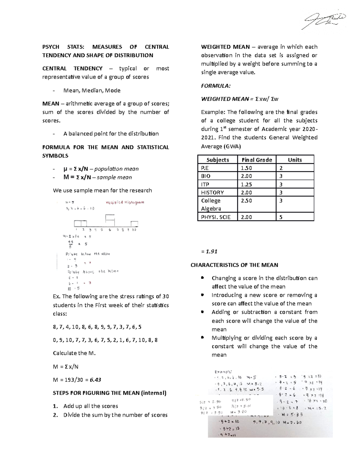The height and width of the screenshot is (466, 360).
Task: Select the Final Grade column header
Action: (x=256, y=160)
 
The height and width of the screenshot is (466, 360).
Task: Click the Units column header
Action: (x=295, y=160)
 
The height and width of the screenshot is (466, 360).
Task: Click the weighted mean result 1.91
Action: (x=210, y=251)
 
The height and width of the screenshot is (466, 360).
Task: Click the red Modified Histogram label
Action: (x=125, y=202)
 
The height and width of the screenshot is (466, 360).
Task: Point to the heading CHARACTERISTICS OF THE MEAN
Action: (x=234, y=265)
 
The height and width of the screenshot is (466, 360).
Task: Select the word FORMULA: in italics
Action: (x=216, y=86)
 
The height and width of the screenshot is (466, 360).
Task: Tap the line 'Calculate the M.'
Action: (x=74, y=353)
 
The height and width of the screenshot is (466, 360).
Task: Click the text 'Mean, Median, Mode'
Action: (x=92, y=90)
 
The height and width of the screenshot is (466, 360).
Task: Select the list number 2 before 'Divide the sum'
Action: (x=55, y=415)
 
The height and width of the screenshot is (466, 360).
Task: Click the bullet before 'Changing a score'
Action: (x=203, y=278)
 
